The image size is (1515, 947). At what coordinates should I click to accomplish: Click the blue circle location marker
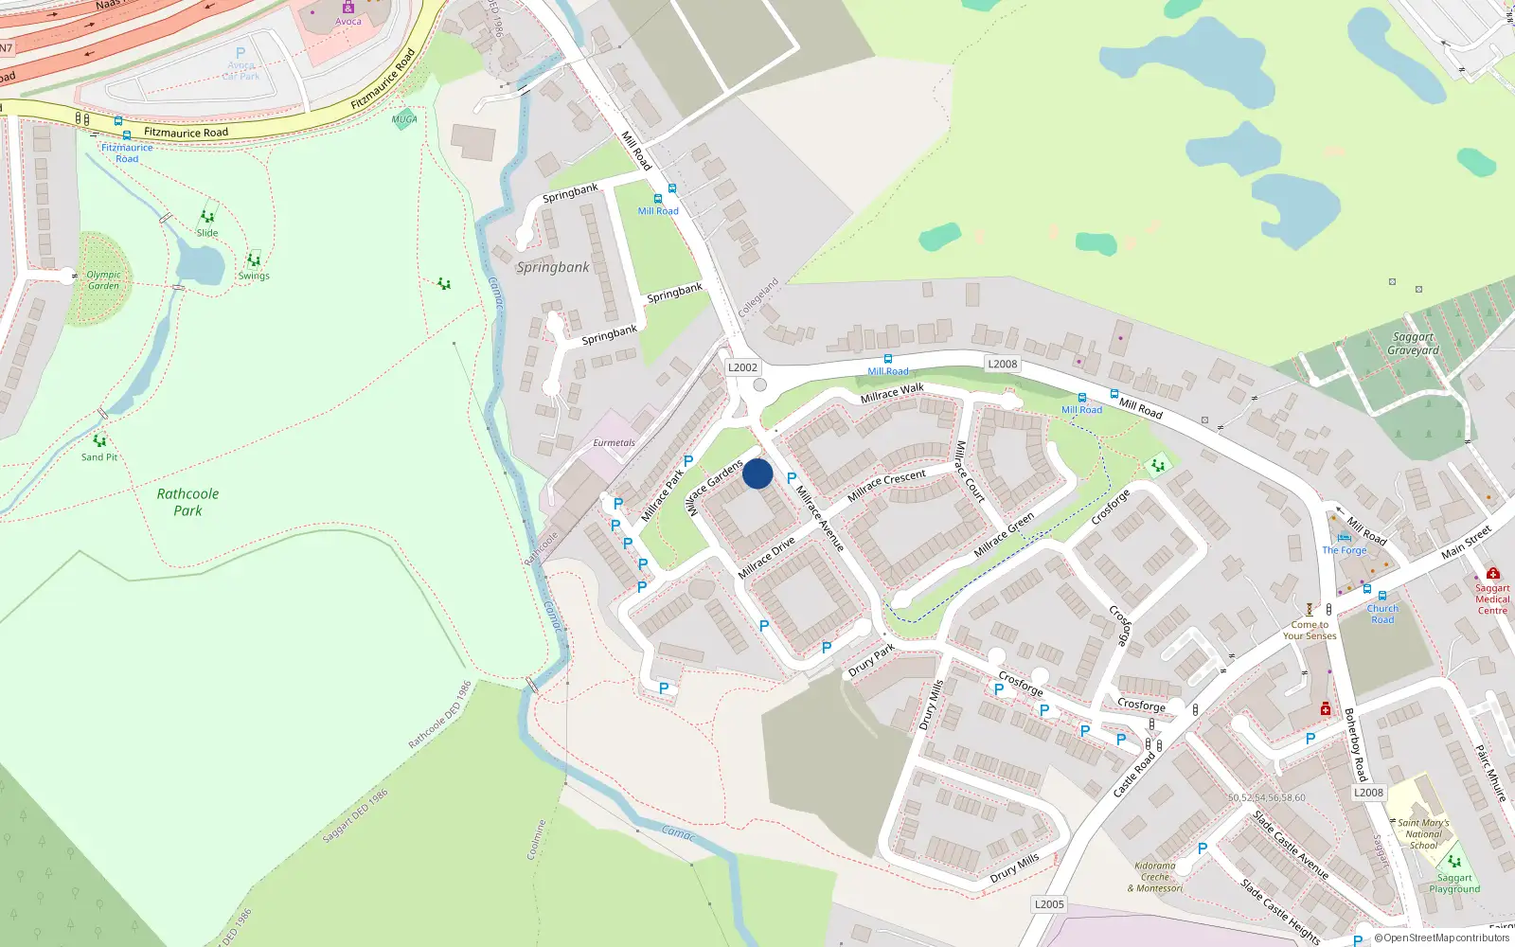pos(757,473)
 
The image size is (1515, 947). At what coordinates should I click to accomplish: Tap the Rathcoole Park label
pos(187,502)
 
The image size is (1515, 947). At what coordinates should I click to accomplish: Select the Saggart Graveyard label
pos(1413,344)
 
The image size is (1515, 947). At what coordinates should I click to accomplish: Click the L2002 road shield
pos(742,367)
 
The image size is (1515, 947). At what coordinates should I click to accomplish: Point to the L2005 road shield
pos(1049,904)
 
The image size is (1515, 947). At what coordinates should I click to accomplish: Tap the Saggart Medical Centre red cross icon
pos(1493,573)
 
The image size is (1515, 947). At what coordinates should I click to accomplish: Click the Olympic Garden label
pos(103,279)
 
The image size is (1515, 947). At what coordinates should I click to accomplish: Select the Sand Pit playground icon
pos(99,440)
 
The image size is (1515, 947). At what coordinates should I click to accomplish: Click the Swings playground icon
pos(254,260)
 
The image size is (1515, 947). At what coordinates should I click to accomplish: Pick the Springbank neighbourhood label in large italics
pos(553,267)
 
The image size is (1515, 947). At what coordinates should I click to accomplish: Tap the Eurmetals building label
pos(614,442)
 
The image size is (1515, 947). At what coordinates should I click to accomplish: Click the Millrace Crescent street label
pos(886,486)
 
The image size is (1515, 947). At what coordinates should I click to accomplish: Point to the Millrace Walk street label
pos(892,392)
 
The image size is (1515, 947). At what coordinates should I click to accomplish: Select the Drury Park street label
pos(871,660)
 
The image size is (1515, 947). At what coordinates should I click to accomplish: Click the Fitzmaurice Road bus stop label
pos(127,153)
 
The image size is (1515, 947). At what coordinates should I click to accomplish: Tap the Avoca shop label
pos(348,21)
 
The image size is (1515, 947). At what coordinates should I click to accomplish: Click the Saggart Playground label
pos(1454,883)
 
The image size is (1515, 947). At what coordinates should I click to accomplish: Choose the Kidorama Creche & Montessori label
pos(1155,877)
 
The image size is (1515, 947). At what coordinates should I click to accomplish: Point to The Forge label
pos(1345,550)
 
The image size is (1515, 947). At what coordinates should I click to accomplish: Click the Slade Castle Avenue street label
pos(1290,845)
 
